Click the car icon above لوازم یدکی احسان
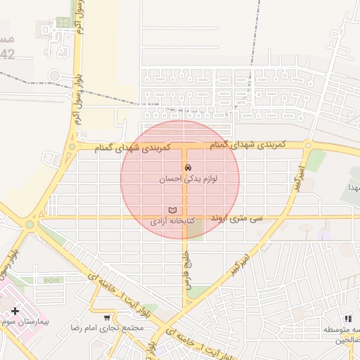click(x=187, y=167)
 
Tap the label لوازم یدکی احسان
click(x=188, y=179)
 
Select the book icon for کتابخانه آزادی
click(x=172, y=210)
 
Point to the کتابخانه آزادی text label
click(x=172, y=221)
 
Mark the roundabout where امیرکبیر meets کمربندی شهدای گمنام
click(x=308, y=146)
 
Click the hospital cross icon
click(x=15, y=310)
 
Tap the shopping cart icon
click(x=107, y=317)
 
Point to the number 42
click(x=7, y=54)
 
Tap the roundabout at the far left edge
click(x=29, y=225)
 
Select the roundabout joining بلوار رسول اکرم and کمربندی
click(x=71, y=147)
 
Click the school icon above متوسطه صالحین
click(x=348, y=319)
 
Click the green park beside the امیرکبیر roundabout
click(x=316, y=161)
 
